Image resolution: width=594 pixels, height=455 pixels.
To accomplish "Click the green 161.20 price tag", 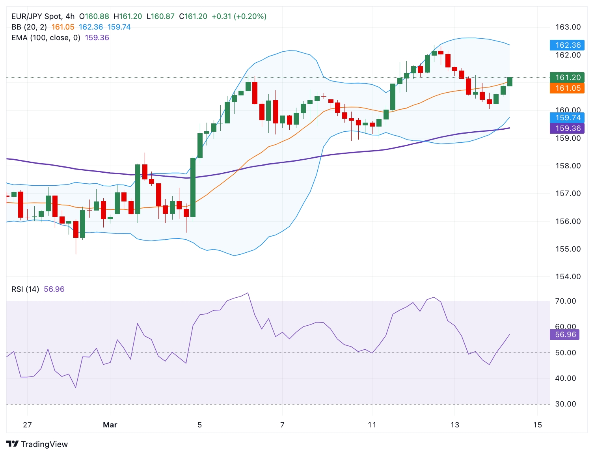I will [x=567, y=77].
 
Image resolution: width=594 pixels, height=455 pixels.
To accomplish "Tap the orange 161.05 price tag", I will [x=567, y=88].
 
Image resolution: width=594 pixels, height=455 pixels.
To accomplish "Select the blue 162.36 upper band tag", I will [x=567, y=45].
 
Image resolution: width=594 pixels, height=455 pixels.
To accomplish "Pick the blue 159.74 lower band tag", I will [x=567, y=117].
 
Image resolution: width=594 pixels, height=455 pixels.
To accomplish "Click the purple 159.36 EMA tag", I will [x=567, y=128].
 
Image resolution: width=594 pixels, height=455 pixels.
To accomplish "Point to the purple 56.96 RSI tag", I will [x=565, y=335].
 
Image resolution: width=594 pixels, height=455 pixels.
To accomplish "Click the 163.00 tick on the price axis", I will [x=568, y=27].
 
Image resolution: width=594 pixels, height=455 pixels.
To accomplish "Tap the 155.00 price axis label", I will [x=568, y=249].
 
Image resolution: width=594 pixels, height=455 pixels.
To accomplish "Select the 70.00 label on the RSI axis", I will [x=565, y=301].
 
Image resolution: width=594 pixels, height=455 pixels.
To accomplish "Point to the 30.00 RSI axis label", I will [x=565, y=404].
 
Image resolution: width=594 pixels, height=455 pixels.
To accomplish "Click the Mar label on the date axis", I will [x=110, y=425].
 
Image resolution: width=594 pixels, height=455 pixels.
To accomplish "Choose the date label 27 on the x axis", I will [x=27, y=425].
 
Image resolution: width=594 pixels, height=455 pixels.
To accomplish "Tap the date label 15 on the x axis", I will [x=537, y=425].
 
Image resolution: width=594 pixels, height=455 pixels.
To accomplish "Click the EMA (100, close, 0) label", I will [x=46, y=38].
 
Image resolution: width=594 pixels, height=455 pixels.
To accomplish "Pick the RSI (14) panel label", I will [x=25, y=289].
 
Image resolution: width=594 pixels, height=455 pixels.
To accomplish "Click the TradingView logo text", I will [x=44, y=444].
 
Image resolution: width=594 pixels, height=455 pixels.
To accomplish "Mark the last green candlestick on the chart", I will [x=510, y=82].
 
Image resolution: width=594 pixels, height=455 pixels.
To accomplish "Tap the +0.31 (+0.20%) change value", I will [x=239, y=17].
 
